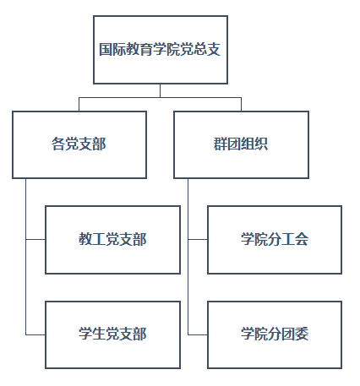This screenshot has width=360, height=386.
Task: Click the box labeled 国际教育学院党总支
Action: pos(161,50)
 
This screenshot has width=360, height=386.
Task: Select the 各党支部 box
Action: pos(79,144)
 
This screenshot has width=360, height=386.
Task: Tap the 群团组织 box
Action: pos(241,144)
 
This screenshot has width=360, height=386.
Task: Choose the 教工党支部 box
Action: pos(112,240)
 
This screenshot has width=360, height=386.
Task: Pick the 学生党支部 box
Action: pos(112,334)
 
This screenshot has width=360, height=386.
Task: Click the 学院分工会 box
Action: pos(275,240)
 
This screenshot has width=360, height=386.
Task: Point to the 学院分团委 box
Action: pos(275,334)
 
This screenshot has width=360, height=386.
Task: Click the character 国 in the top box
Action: pos(106,49)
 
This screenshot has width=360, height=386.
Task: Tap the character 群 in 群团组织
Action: pos(221,144)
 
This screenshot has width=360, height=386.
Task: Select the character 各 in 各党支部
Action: pos(58,144)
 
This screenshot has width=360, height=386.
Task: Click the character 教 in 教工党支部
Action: pos(85,239)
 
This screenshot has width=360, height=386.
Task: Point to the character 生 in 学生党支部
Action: pos(99,334)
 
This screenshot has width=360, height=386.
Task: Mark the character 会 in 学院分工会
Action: pos(302,239)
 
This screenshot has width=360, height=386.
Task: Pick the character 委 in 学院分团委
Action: pos(302,334)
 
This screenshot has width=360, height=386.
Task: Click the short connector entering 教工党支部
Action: pos(35,240)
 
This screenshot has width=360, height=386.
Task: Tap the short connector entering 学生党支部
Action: pos(35,334)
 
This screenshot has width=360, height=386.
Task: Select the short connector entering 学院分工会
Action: pos(198,240)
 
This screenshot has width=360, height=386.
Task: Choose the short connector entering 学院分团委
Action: pos(198,334)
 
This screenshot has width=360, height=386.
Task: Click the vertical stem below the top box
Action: pos(161,90)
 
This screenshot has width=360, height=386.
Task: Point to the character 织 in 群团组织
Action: pos(261,144)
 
